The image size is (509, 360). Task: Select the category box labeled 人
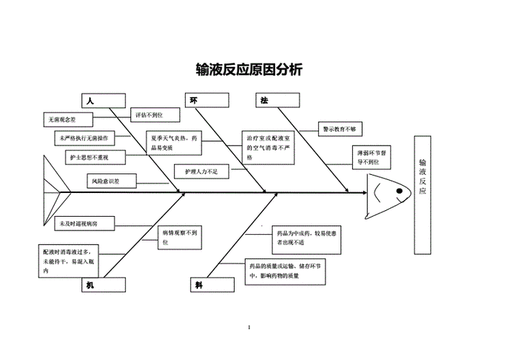[x=104, y=101]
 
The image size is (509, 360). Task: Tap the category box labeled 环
[x=207, y=101]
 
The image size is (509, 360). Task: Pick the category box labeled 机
[x=104, y=285]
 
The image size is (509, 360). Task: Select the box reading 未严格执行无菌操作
[x=84, y=137]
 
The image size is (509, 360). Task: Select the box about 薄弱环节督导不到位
[x=372, y=158]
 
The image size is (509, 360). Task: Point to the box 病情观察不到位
[x=179, y=238]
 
